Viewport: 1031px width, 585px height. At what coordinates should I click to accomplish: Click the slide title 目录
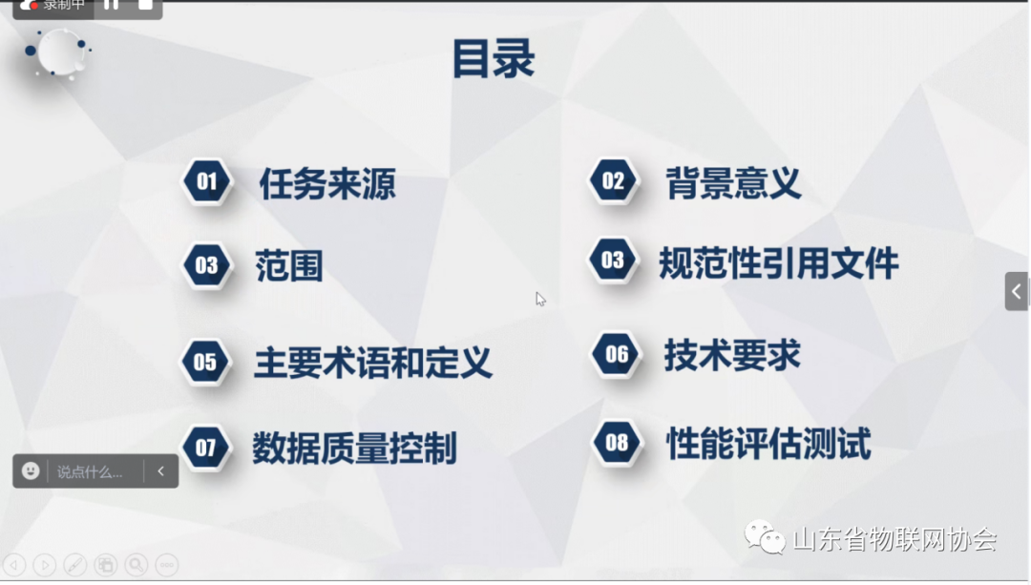coord(493,59)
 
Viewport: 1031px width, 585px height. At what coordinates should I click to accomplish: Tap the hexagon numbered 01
coord(207,181)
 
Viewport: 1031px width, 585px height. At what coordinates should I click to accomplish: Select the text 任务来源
coord(326,184)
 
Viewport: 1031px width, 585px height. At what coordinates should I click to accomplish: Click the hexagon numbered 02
coord(613,181)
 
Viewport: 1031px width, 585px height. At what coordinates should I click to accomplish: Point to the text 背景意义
coord(733,183)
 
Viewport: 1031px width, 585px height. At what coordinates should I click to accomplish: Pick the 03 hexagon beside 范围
coord(207,265)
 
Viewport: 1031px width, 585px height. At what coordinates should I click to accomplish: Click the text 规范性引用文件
coord(779,263)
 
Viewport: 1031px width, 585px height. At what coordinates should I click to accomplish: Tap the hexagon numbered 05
coord(206,362)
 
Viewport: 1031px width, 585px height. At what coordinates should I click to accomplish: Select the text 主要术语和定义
coord(372,363)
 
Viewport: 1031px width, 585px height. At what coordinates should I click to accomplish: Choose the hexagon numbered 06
coord(617,355)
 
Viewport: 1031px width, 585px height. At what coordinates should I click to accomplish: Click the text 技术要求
coord(732,355)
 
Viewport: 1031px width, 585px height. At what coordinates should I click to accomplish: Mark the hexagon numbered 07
coord(206,448)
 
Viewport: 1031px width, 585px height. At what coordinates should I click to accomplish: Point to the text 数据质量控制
coord(354,448)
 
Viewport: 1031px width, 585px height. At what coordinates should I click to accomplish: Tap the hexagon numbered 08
coord(617,442)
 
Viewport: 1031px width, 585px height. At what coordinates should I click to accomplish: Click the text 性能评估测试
coord(768,444)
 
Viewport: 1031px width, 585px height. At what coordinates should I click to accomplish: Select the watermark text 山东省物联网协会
coord(894,539)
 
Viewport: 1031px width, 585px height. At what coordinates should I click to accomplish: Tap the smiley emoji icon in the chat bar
coord(31,470)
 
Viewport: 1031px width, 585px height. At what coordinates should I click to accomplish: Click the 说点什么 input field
coord(91,471)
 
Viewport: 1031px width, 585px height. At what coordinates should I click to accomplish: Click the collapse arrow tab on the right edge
coord(1017,291)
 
